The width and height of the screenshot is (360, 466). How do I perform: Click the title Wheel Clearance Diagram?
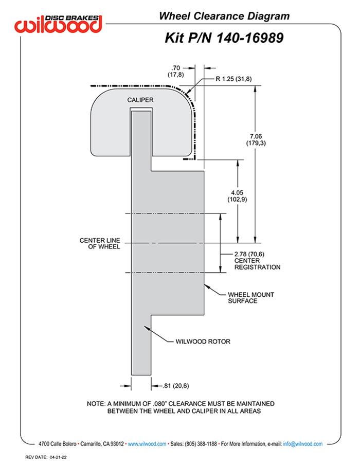(x=224, y=16)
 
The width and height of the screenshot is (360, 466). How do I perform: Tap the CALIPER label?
(x=141, y=99)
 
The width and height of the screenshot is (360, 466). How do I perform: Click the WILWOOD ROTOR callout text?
(x=203, y=341)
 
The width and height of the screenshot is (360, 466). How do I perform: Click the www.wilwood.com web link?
(x=147, y=443)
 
